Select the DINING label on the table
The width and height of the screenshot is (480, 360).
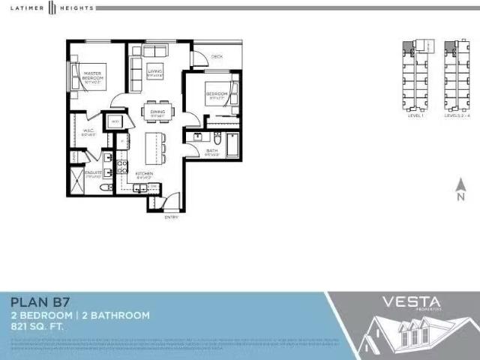(x=157, y=112)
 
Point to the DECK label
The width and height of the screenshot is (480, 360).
(x=217, y=57)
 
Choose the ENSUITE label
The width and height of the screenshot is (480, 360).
(x=93, y=173)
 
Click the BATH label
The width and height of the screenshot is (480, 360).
(x=212, y=152)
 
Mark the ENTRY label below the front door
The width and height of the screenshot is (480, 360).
(x=172, y=217)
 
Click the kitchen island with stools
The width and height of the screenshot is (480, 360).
(x=154, y=142)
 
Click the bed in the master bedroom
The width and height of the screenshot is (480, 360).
(x=85, y=76)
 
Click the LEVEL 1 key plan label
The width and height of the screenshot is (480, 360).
(x=416, y=116)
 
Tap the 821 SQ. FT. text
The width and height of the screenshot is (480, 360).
(x=38, y=327)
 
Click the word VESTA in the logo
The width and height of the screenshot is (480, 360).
(x=412, y=302)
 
